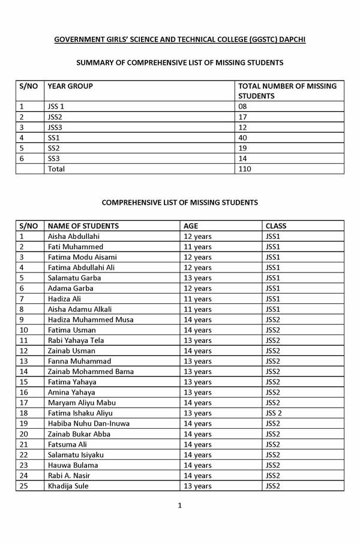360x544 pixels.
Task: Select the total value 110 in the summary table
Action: pyautogui.click(x=245, y=169)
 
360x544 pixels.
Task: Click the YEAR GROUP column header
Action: pyautogui.click(x=70, y=86)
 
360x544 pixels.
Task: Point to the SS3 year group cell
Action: pyautogui.click(x=54, y=159)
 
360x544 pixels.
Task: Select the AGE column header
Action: pyautogui.click(x=191, y=226)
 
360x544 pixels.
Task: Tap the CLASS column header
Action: pyautogui.click(x=275, y=226)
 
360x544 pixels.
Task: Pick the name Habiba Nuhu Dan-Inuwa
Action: pyautogui.click(x=89, y=423)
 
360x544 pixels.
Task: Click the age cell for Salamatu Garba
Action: pyautogui.click(x=197, y=278)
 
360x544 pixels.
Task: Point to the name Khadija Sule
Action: pyautogui.click(x=68, y=486)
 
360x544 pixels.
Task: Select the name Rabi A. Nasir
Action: pyautogui.click(x=69, y=476)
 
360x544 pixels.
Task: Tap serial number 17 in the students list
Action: pyautogui.click(x=25, y=402)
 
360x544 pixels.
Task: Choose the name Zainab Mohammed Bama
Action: pyautogui.click(x=91, y=372)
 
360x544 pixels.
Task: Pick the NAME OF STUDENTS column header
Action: pyautogui.click(x=83, y=226)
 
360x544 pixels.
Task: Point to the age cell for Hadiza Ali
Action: pyautogui.click(x=197, y=298)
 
